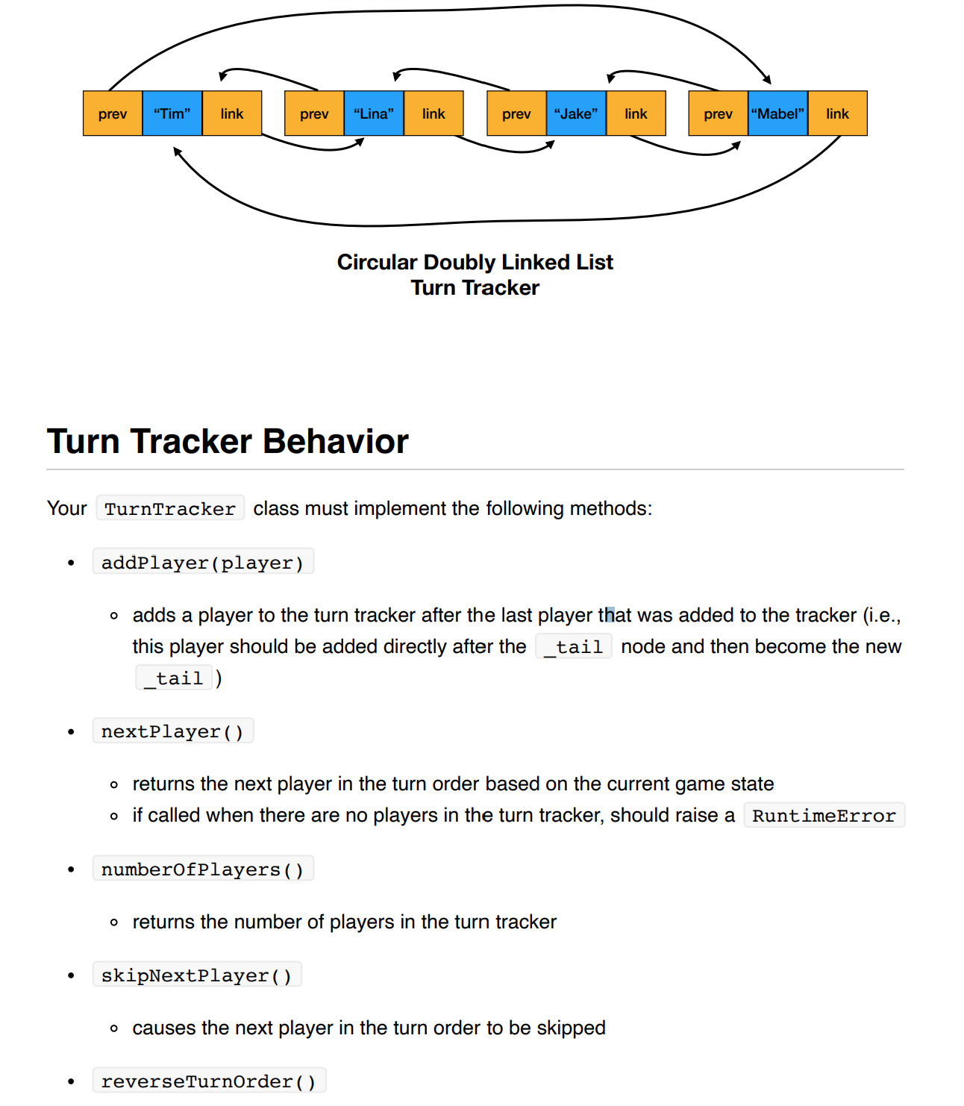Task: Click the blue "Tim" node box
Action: coord(172,113)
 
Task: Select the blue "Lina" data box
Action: coord(374,113)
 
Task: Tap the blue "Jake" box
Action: coord(576,113)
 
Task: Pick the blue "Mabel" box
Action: coord(777,113)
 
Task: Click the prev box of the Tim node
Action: coord(113,113)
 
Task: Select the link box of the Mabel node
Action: coord(837,113)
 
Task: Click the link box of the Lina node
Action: coord(434,113)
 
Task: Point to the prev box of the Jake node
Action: coord(516,113)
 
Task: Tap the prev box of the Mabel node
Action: coord(718,113)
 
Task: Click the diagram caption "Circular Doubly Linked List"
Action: coord(475,262)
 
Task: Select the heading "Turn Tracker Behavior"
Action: coord(228,441)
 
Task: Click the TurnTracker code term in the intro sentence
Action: coord(170,508)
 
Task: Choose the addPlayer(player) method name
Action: coord(203,562)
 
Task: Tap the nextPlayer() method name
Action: coord(172,731)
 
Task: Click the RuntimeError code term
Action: coord(824,816)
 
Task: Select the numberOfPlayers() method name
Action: coord(203,869)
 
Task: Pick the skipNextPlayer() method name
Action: coord(197,975)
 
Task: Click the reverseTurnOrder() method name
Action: coord(209,1081)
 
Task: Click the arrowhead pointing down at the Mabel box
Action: coord(767,79)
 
